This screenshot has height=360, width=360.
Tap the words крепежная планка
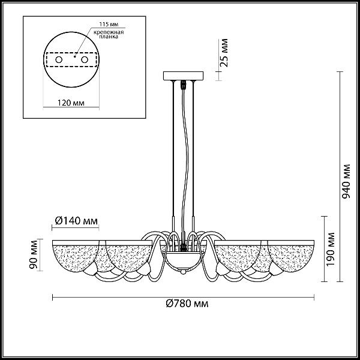109,34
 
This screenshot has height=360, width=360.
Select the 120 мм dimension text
71,103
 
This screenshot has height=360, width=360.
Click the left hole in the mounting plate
59,59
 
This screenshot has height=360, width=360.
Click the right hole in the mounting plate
85,59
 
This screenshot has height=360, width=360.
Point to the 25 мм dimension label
224,53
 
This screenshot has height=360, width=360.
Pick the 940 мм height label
346,181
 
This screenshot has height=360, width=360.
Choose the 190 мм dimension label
331,250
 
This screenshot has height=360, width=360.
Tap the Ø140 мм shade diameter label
76,221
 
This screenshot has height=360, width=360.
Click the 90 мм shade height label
34,254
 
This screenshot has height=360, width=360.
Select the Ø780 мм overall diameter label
187,304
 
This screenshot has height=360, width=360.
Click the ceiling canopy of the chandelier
183,76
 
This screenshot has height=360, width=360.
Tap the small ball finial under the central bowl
183,272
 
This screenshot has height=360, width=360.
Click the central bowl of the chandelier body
183,260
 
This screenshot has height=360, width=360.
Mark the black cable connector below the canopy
183,85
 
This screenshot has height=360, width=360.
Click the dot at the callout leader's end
74,56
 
